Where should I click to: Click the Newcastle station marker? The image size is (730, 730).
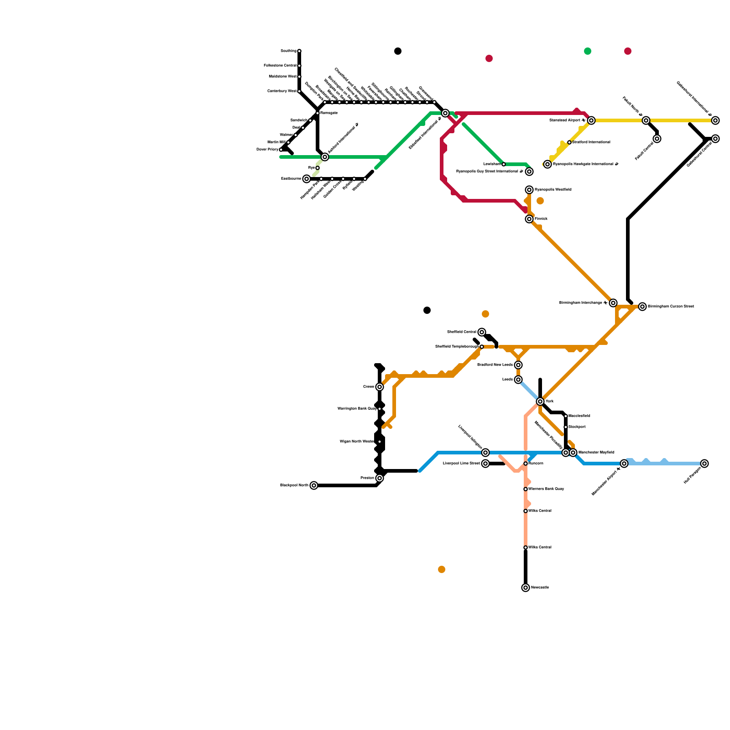tap(526, 588)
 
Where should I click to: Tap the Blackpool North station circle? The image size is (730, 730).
tap(314, 485)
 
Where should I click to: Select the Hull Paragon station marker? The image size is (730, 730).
tap(704, 464)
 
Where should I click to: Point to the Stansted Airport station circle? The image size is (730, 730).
tap(591, 120)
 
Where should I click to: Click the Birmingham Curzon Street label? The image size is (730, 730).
tap(671, 307)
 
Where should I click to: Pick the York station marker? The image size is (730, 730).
tap(540, 401)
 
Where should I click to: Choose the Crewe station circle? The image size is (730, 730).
tap(380, 387)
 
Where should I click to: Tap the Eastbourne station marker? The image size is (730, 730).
tap(307, 179)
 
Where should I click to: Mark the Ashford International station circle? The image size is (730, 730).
tap(325, 157)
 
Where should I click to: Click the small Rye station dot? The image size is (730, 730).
tap(318, 168)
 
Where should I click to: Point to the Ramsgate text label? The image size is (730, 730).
tap(329, 113)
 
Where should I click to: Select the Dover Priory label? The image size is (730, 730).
tap(267, 150)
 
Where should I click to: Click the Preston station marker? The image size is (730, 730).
tap(380, 478)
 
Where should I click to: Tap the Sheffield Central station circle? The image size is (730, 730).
tap(482, 332)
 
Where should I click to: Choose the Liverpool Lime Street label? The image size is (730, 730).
tap(461, 464)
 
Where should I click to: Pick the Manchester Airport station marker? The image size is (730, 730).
tap(624, 464)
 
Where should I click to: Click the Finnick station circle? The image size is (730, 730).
tap(529, 219)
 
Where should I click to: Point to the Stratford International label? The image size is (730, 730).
tap(591, 142)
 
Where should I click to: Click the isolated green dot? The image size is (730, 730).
tap(588, 51)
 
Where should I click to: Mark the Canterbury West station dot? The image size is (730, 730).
tap(299, 91)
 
